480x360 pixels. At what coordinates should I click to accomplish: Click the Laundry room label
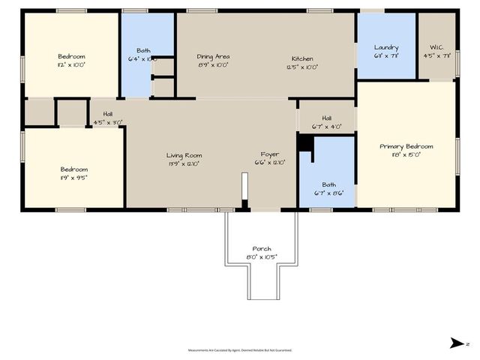pyautogui.click(x=386, y=47)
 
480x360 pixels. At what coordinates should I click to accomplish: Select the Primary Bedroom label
pyautogui.click(x=406, y=146)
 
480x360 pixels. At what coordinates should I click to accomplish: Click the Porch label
pyautogui.click(x=262, y=249)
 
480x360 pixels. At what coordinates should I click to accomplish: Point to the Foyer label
pyautogui.click(x=270, y=155)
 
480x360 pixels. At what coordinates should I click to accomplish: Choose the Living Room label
pyautogui.click(x=184, y=155)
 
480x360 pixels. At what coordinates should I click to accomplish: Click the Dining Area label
pyautogui.click(x=213, y=57)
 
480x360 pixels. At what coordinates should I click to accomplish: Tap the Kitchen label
pyautogui.click(x=302, y=58)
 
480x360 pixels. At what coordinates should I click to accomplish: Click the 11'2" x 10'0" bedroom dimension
pyautogui.click(x=71, y=65)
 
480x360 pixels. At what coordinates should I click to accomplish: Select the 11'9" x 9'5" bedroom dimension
pyautogui.click(x=73, y=178)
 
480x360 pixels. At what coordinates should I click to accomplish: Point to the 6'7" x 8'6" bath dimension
pyautogui.click(x=328, y=193)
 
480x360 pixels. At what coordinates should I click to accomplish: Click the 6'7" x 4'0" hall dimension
pyautogui.click(x=326, y=127)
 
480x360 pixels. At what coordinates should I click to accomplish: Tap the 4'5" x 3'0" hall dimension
pyautogui.click(x=107, y=122)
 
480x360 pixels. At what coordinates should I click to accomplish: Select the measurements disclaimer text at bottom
pyautogui.click(x=239, y=349)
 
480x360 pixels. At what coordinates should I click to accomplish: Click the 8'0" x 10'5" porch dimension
pyautogui.click(x=262, y=257)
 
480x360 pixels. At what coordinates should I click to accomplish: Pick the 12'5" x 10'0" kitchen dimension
pyautogui.click(x=302, y=67)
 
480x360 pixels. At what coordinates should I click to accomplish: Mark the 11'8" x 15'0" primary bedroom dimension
pyautogui.click(x=406, y=155)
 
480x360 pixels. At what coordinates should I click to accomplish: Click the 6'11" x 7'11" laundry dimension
pyautogui.click(x=386, y=55)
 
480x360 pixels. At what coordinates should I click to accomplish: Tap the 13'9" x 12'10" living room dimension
pyautogui.click(x=184, y=164)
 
